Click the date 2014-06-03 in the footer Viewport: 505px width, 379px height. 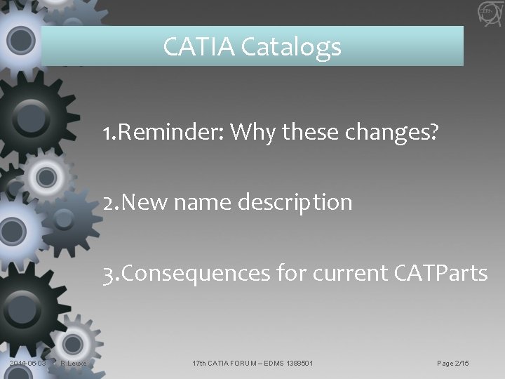(x=29, y=363)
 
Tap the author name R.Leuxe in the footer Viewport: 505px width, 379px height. (x=73, y=363)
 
